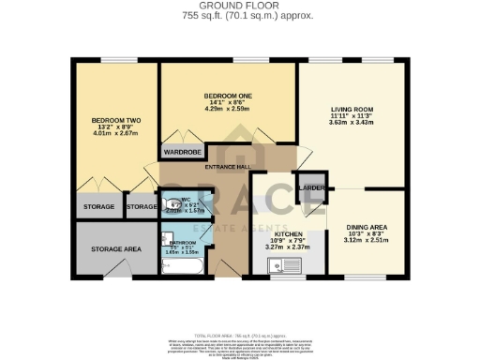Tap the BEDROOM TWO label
click(115, 121)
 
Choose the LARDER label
click(311, 188)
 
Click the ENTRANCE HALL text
click(228, 166)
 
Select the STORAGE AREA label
click(115, 248)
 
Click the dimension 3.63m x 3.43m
click(352, 122)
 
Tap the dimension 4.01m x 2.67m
click(115, 134)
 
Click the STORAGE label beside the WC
click(142, 206)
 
